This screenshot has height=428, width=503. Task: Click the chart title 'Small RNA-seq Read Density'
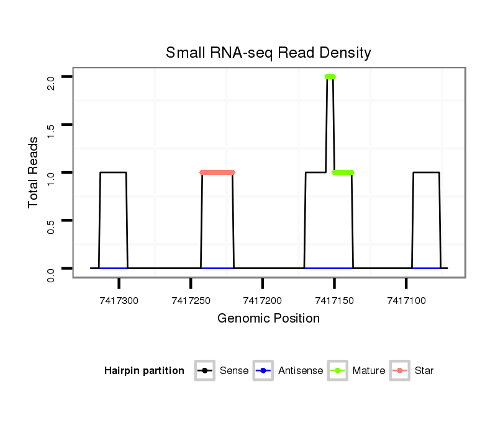click(x=268, y=53)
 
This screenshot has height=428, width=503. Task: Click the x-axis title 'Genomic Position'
click(x=268, y=319)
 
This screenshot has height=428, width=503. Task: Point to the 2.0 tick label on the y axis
click(x=52, y=82)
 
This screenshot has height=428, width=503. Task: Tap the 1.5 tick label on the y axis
click(x=52, y=130)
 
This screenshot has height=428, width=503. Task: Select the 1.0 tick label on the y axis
click(x=52, y=178)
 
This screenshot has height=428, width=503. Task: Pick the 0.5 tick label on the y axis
click(x=52, y=226)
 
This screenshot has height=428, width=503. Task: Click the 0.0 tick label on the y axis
click(x=52, y=274)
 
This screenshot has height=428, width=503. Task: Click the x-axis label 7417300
click(x=119, y=301)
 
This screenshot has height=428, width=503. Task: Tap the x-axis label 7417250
click(x=191, y=301)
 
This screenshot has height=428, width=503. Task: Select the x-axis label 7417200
click(x=263, y=301)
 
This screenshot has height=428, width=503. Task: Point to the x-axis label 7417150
click(x=335, y=301)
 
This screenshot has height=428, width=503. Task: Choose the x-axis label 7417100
click(x=406, y=301)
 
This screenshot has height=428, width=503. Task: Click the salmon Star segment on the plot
click(x=217, y=172)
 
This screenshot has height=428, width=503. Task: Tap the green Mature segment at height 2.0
click(x=330, y=76)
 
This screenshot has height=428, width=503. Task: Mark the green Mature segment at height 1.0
click(x=343, y=172)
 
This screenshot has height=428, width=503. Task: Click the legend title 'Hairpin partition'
click(x=144, y=371)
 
